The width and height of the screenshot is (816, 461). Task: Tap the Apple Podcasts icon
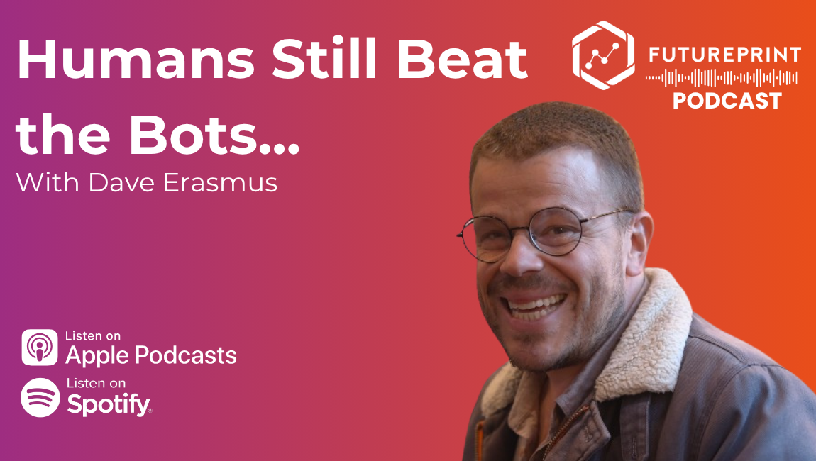click(40, 347)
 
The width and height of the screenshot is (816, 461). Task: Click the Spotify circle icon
click(40, 397)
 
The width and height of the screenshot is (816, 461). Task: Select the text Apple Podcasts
click(151, 355)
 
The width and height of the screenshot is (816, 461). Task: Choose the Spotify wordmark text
click(109, 404)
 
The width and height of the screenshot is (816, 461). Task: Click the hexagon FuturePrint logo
click(603, 54)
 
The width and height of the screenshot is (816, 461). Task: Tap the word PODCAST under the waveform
click(727, 101)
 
